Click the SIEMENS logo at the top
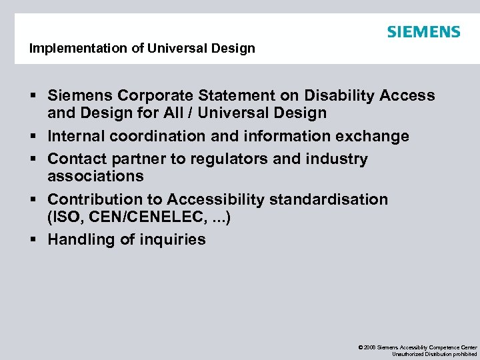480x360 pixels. [x=423, y=32]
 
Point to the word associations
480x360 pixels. [x=95, y=177]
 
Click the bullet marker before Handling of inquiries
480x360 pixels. [x=33, y=239]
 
